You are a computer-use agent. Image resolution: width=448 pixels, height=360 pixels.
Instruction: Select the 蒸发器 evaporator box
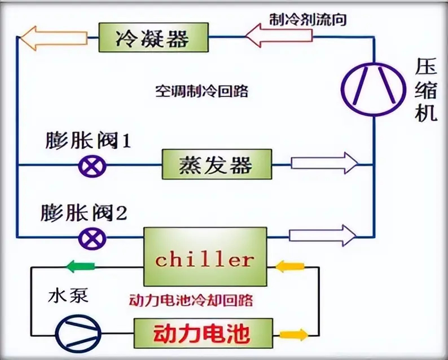[x=217, y=165]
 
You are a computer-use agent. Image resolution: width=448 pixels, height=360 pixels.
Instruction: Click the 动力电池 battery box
[x=201, y=333]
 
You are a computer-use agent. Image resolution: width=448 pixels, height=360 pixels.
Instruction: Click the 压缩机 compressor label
[x=428, y=90]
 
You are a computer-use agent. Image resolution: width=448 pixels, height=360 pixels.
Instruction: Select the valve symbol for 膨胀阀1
[x=89, y=165]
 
